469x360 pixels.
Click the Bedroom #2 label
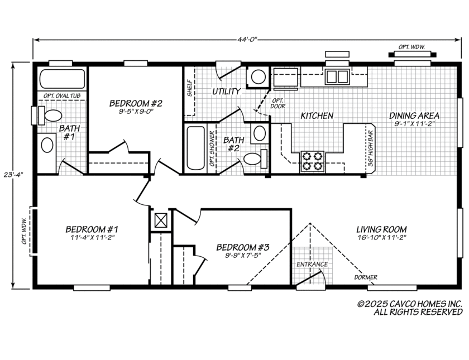coord(136,103)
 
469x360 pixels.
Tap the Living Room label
coord(381,229)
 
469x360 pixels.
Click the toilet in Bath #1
coord(52,116)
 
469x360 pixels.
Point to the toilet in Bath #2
coord(253,159)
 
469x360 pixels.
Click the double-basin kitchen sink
coord(338,76)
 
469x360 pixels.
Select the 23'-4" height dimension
coord(19,174)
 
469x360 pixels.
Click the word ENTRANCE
coord(312,264)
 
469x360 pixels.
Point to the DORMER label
coord(366,277)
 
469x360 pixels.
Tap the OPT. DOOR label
coord(278,103)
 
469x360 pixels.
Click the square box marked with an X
coord(161,220)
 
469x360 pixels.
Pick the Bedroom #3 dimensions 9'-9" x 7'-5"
coord(243,256)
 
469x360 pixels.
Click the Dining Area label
coord(414,116)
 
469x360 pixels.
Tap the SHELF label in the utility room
coord(190,88)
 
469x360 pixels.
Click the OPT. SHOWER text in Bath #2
coord(212,149)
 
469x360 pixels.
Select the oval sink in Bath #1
coord(47,145)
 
